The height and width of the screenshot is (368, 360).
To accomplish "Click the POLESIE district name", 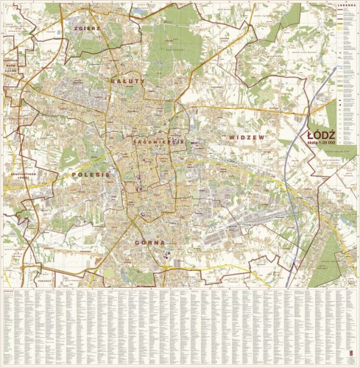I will tap(92, 174).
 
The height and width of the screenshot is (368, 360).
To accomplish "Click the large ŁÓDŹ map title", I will tap(322, 135).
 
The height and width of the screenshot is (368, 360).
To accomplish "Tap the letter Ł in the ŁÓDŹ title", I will tap(311, 135).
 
